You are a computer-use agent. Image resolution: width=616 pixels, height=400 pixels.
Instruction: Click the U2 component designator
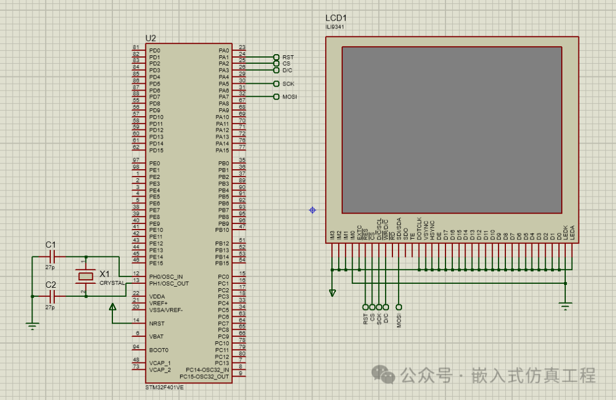point(151,38)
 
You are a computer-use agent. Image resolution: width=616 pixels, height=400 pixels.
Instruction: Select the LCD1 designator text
point(336,18)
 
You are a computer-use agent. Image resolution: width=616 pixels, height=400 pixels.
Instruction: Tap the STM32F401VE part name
point(164,387)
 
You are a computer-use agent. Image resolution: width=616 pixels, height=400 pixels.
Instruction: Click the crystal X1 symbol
point(86,276)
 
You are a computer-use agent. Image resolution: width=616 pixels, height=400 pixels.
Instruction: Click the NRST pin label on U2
point(156,323)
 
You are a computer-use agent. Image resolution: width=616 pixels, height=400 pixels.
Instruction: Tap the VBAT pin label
point(157,336)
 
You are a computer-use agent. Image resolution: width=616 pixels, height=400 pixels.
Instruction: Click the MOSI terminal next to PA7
point(277,97)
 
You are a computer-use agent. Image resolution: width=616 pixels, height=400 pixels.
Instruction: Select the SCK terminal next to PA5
point(277,84)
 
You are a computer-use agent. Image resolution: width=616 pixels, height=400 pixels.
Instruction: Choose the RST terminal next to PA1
point(277,57)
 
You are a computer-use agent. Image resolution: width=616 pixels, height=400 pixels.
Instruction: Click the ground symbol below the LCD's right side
point(565,307)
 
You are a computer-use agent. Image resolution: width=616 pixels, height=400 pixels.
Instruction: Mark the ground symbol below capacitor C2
point(33,326)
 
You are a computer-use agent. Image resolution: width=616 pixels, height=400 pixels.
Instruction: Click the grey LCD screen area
point(452,129)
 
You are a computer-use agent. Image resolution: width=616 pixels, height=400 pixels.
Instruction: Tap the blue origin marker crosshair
point(313,210)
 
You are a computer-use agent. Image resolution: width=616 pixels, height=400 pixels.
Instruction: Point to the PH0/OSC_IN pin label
point(166,276)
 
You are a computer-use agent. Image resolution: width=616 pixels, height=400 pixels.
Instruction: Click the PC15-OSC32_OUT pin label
point(204,377)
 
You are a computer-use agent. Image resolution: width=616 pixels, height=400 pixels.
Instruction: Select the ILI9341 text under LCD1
point(334,27)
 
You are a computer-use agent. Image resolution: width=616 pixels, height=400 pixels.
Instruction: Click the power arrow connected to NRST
point(112,308)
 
